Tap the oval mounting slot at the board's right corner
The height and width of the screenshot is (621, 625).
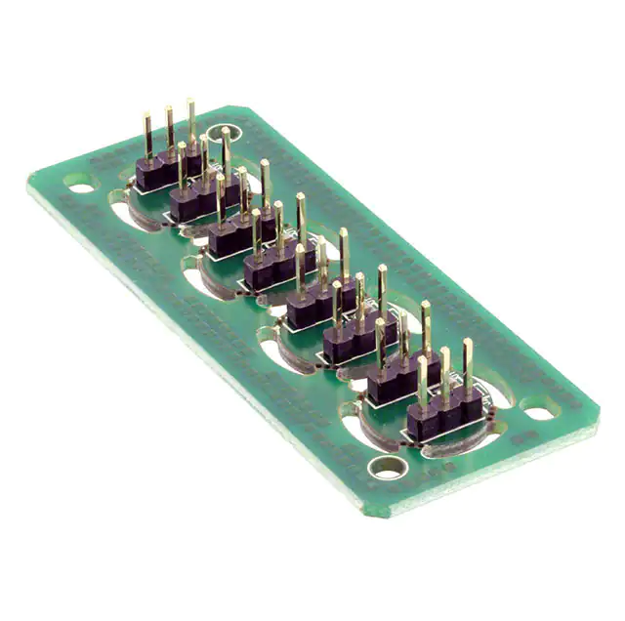tap(541, 411)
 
